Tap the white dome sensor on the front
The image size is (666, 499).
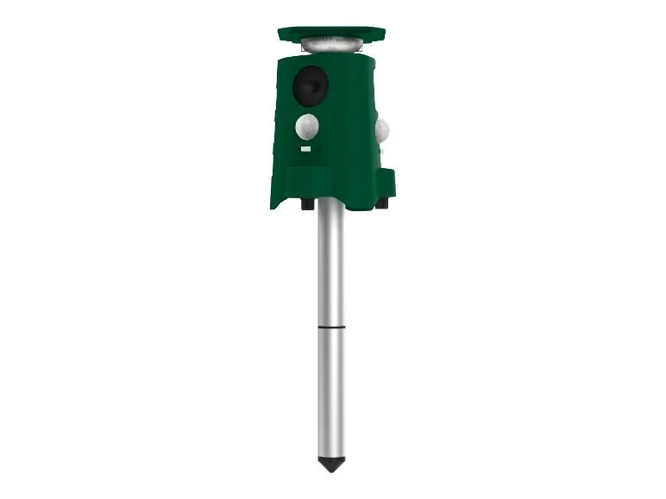click(x=307, y=127)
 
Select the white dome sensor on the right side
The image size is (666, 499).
click(x=381, y=130)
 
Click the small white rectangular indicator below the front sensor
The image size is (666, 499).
click(x=305, y=149)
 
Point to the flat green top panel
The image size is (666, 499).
click(x=331, y=34)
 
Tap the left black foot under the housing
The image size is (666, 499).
click(x=307, y=204)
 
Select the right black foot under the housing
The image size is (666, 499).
click(x=380, y=203)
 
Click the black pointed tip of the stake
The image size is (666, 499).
click(x=330, y=464)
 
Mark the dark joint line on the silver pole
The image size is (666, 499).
click(x=330, y=327)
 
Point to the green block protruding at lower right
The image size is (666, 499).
click(x=386, y=182)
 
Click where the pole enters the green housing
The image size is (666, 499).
click(x=330, y=202)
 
